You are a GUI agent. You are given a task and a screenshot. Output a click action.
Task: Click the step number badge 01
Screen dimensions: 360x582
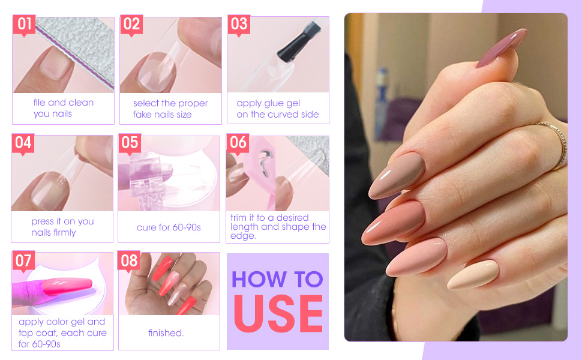[24, 25]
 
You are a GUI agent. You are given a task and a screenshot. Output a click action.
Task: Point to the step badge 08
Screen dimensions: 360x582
[130, 260]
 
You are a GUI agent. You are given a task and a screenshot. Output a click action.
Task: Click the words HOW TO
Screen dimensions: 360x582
[277, 279]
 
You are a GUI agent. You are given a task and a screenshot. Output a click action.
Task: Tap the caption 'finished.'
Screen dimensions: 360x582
[166, 332]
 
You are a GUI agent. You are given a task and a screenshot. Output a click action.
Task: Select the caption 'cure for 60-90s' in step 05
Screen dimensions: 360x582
[169, 228]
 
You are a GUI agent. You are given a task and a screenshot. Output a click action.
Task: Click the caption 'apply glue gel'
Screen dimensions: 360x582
[268, 103]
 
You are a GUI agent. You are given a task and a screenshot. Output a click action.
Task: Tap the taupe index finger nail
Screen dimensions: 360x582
[397, 175]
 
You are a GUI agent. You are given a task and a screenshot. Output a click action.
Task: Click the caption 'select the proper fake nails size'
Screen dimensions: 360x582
[170, 109]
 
